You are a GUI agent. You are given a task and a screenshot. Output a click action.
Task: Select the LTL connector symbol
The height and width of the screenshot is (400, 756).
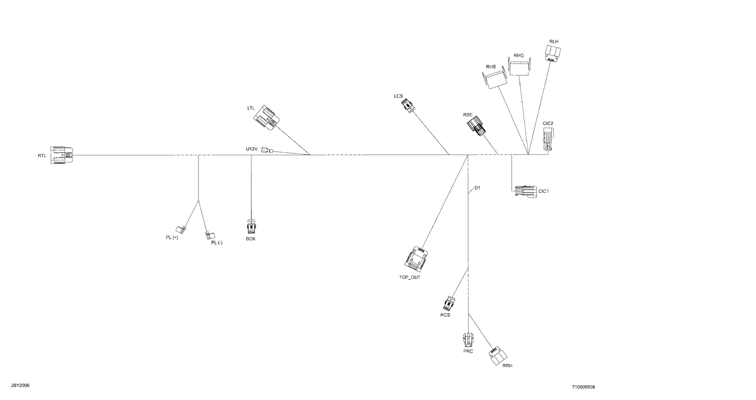pyautogui.click(x=267, y=118)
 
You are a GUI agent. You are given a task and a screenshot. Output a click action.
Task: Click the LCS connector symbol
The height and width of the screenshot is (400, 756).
pyautogui.click(x=408, y=104)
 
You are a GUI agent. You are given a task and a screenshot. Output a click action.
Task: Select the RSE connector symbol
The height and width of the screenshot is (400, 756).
pyautogui.click(x=477, y=126)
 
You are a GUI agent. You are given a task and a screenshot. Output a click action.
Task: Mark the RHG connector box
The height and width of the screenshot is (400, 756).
pyautogui.click(x=520, y=67)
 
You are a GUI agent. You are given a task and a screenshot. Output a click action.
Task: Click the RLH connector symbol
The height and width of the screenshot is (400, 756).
pyautogui.click(x=553, y=53)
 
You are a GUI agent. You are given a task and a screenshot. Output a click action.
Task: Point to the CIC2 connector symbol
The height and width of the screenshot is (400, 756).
pyautogui.click(x=548, y=138)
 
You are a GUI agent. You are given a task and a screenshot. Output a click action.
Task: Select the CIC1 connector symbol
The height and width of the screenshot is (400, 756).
pyautogui.click(x=526, y=191)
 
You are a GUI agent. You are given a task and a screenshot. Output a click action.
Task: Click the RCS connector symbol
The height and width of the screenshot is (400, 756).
pyautogui.click(x=449, y=303)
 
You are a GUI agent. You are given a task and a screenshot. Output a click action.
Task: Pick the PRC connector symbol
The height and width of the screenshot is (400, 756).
pyautogui.click(x=468, y=339)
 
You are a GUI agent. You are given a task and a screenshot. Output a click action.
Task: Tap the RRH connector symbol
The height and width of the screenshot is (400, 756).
pyautogui.click(x=497, y=356)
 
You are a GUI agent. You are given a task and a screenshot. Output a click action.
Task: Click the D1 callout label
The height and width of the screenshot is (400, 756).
pyautogui.click(x=477, y=188)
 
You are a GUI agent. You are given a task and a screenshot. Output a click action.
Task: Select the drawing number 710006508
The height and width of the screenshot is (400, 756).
pyautogui.click(x=583, y=387)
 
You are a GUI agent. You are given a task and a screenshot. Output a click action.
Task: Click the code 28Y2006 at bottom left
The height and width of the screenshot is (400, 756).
pyautogui.click(x=20, y=385)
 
